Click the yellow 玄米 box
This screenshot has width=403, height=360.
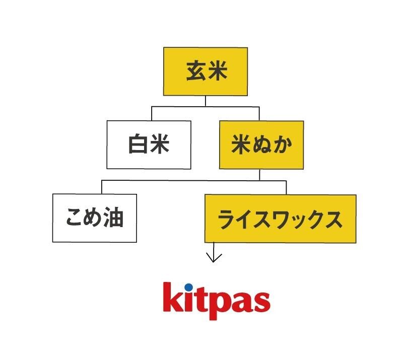coord(205,71)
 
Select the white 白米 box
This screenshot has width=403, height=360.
coord(149,145)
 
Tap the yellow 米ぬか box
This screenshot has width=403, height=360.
coord(261,145)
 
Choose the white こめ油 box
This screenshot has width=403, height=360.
coord(94,218)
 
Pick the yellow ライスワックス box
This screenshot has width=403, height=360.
coord(280,219)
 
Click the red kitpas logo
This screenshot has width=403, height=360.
coord(217,301)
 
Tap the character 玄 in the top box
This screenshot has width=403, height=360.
coord(195,71)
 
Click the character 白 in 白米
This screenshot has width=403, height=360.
coord(137,145)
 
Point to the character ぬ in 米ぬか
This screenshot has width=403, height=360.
coord(261,145)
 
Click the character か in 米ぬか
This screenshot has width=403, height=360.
coord(280,145)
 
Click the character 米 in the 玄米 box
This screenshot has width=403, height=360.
coord(216,71)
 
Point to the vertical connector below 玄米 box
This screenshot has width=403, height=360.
coord(205,101)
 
